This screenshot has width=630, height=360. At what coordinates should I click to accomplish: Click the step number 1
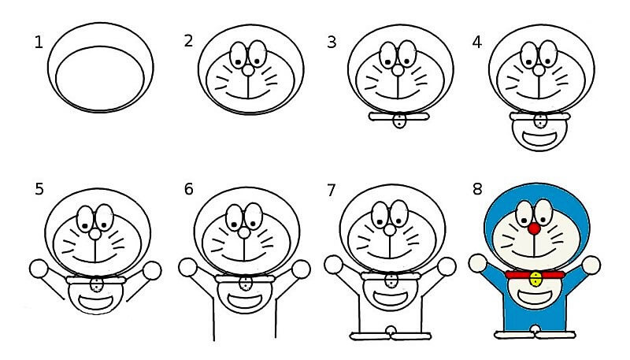click(39, 43)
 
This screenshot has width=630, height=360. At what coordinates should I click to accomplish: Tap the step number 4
click(477, 42)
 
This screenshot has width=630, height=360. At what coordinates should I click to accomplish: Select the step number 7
click(331, 190)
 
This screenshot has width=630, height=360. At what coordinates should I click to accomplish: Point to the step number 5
click(39, 189)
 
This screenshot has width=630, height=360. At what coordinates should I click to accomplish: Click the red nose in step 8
click(534, 229)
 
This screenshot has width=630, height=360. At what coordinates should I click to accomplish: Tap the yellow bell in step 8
click(535, 279)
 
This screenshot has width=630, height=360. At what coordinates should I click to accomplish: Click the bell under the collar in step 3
click(399, 121)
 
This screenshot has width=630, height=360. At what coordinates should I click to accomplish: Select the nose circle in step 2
click(248, 70)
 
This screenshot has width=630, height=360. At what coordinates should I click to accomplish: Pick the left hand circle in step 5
click(39, 269)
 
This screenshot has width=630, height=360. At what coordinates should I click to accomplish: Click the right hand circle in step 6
click(301, 269)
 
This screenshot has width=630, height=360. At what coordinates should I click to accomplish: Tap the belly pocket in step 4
click(539, 139)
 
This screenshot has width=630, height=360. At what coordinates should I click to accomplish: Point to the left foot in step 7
click(370, 336)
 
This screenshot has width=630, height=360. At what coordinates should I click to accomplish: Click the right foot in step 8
click(556, 334)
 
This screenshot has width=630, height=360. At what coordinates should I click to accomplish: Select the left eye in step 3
click(387, 54)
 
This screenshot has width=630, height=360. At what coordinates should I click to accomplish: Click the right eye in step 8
click(544, 212)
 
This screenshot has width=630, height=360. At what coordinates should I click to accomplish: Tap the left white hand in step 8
click(478, 263)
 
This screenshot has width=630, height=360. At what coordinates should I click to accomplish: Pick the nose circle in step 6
click(244, 232)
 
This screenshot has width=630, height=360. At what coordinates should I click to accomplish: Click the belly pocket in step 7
click(390, 299)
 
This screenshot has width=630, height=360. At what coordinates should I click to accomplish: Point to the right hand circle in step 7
click(447, 266)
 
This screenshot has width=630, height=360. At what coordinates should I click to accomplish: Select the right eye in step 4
click(548, 53)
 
